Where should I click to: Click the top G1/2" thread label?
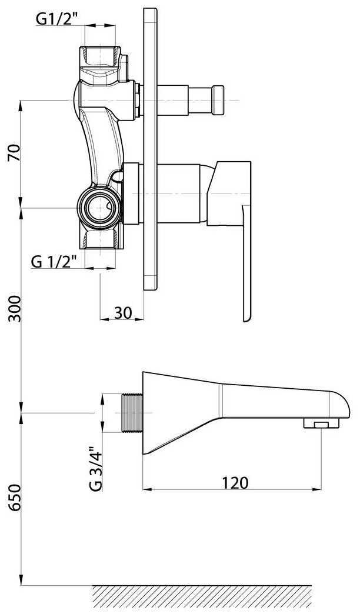55,18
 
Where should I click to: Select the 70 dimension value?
14,152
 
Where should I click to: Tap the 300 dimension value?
14,308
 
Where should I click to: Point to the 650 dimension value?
14,498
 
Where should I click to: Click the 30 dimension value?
123,312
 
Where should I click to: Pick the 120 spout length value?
235,482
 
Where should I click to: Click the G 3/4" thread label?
95,468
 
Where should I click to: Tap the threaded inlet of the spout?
132,413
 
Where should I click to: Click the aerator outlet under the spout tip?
321,423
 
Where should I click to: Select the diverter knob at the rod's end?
218,101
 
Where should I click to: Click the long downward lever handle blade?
246,263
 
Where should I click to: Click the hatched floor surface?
202,596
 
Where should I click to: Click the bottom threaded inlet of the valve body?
100,238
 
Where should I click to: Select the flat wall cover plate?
151,149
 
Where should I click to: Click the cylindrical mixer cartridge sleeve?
179,193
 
